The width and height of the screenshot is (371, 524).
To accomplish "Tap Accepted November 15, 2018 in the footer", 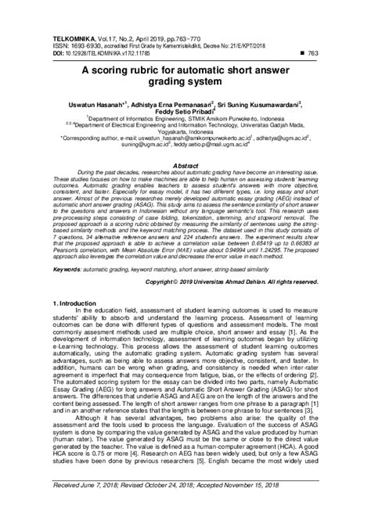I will [243, 507].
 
